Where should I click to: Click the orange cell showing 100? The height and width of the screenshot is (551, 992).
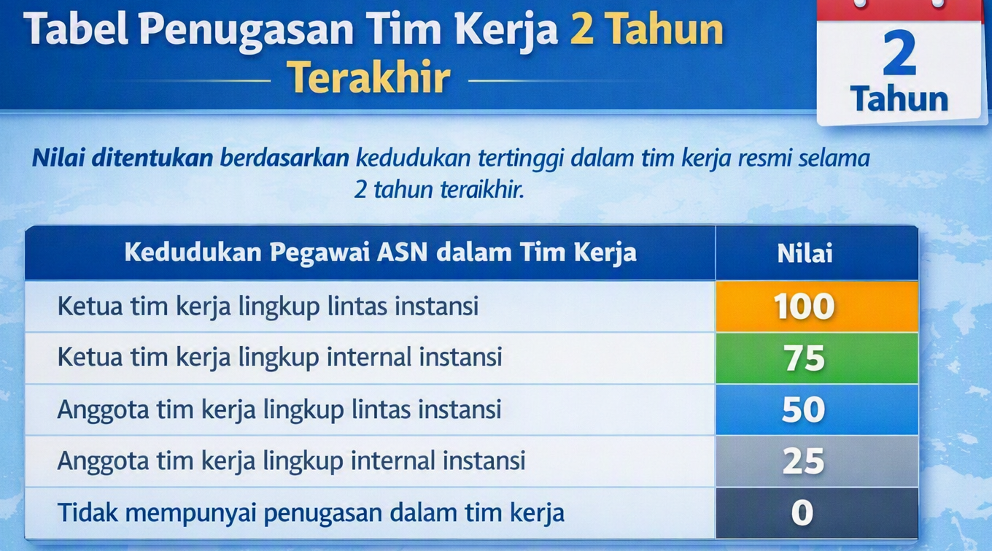click(x=817, y=306)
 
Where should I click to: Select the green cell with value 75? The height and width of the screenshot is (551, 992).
click(x=817, y=358)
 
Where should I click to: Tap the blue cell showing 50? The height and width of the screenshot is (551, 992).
click(x=817, y=409)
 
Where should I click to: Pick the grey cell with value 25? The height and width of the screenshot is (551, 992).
click(x=817, y=461)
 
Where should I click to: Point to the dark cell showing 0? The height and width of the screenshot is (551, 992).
click(x=817, y=513)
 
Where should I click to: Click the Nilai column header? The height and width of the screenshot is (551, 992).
click(x=805, y=253)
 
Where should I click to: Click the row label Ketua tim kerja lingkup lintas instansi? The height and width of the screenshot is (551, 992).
click(x=268, y=307)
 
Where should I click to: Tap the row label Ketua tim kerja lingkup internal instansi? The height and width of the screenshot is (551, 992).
click(x=280, y=358)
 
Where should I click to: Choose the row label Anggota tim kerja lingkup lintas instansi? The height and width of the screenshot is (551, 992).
click(x=279, y=409)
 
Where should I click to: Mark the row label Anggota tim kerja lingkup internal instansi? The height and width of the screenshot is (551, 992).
click(x=292, y=461)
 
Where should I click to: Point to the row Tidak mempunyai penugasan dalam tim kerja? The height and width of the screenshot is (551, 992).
click(x=311, y=513)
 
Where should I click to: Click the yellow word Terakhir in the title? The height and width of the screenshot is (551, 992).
click(x=368, y=77)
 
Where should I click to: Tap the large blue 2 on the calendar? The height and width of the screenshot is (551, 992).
click(x=899, y=53)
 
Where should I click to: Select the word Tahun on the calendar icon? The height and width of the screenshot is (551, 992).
click(x=899, y=99)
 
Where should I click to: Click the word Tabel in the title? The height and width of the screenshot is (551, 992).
click(x=76, y=28)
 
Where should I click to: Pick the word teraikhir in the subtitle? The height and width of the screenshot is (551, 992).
click(x=482, y=190)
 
